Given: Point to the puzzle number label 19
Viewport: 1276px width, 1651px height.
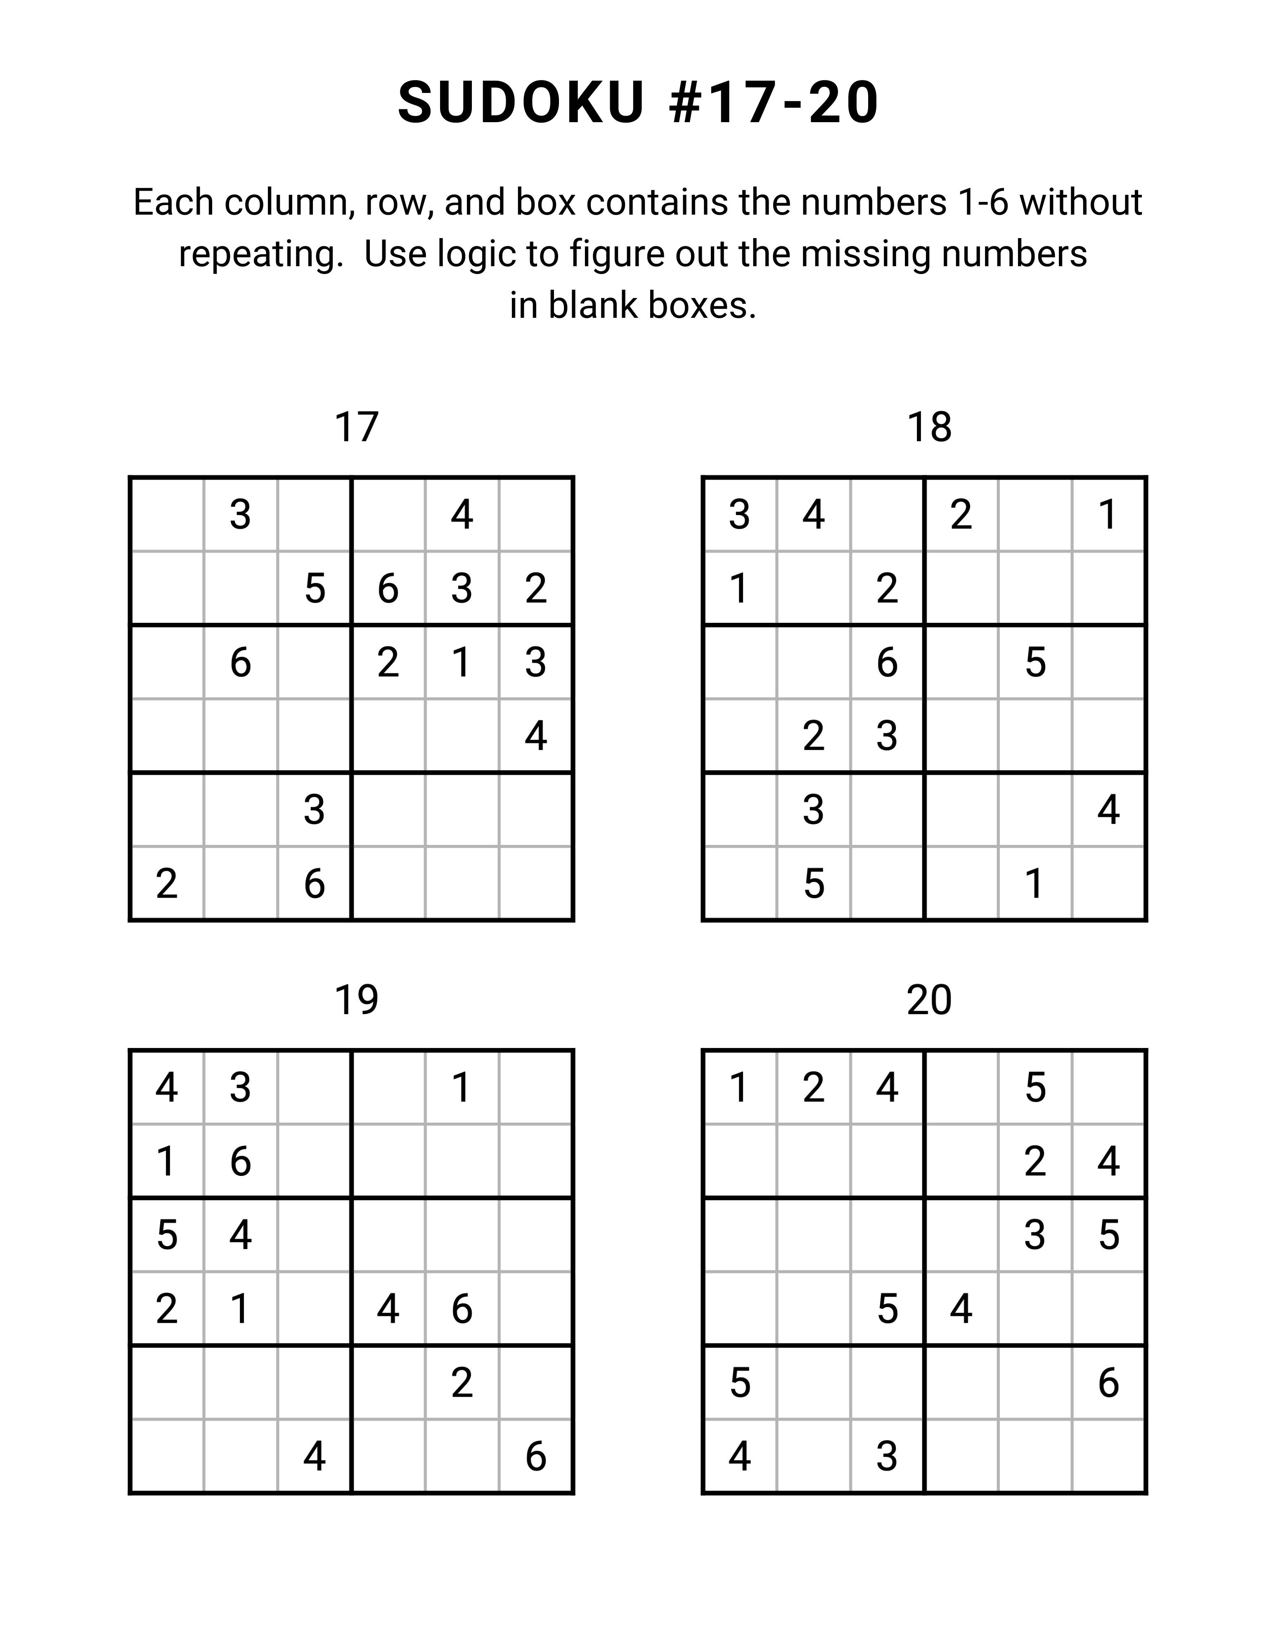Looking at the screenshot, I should (x=356, y=1000).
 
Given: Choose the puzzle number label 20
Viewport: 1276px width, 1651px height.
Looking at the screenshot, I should (x=929, y=1000).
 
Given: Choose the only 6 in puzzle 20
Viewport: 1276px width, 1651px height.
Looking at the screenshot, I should (x=1108, y=1383).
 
